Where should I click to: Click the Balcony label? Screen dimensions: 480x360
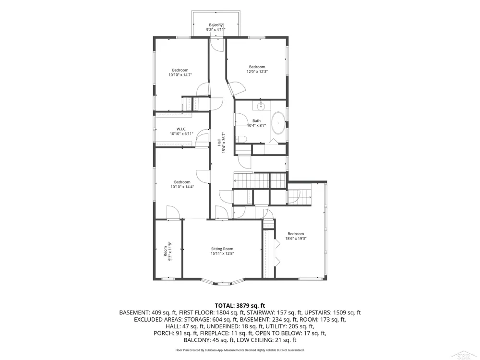pyautogui.click(x=216, y=25)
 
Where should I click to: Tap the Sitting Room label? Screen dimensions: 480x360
pyautogui.click(x=222, y=249)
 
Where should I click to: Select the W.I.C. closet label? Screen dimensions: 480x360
pyautogui.click(x=181, y=129)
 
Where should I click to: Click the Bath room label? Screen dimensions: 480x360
pyautogui.click(x=256, y=120)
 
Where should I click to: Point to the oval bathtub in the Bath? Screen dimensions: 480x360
pyautogui.click(x=278, y=123)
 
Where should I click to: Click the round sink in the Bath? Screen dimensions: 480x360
pyautogui.click(x=261, y=107)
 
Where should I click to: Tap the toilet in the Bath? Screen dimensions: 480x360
pyautogui.click(x=241, y=139)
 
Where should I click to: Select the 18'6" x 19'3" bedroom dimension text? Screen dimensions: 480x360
pyautogui.click(x=296, y=239)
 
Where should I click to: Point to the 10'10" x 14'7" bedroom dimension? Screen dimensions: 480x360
pyautogui.click(x=180, y=75)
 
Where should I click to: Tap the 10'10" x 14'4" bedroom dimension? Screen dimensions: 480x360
pyautogui.click(x=182, y=187)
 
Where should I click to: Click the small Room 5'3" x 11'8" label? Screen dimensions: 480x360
pyautogui.click(x=168, y=252)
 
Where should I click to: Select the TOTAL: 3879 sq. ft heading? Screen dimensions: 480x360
pyautogui.click(x=240, y=305)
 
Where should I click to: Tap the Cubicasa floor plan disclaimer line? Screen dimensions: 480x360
pyautogui.click(x=240, y=350)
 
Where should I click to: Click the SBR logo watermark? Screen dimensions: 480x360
pyautogui.click(x=466, y=355)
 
